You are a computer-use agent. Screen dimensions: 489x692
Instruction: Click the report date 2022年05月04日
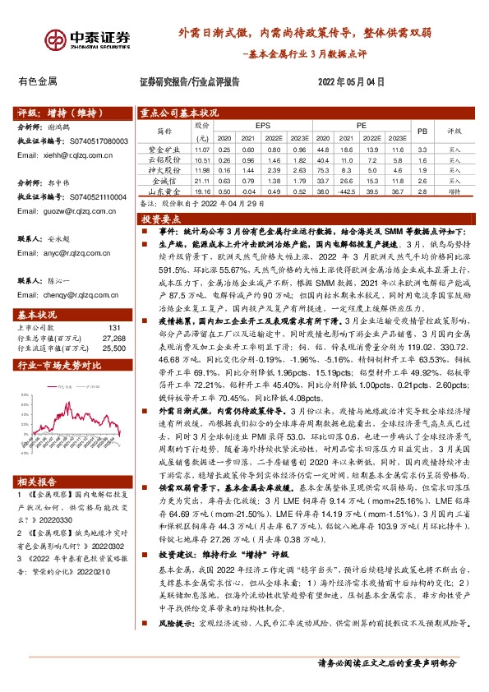(351, 81)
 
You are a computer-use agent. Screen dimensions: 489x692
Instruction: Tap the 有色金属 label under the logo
(37, 81)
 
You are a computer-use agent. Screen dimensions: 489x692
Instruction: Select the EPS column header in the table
(263, 125)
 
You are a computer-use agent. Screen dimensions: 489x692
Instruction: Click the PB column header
(422, 131)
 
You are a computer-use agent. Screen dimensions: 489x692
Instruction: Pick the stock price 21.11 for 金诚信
(202, 179)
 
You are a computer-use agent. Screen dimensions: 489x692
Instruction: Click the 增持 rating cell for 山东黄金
(454, 189)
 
